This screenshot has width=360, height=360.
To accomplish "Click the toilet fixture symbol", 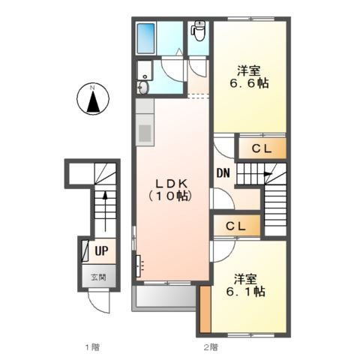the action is tap(198, 31).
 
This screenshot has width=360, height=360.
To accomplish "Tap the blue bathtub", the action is tap(145, 38).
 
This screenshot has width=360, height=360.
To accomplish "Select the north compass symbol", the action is tap(93, 99).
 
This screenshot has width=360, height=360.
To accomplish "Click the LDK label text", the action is tap(172, 184).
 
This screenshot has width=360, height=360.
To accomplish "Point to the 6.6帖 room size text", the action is tap(249, 83).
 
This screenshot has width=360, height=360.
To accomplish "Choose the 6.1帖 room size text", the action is tap(246, 291).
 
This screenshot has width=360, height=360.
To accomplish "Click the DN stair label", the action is tap(223, 173).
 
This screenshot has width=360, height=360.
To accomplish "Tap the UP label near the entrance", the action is tap(101, 250).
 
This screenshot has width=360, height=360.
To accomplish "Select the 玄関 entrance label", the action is tap(98, 277).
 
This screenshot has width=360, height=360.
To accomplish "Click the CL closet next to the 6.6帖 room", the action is tap(262, 148).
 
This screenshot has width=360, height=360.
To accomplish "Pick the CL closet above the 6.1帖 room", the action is tap(236, 226).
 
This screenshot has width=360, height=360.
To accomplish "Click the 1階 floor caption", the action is tap(92, 346).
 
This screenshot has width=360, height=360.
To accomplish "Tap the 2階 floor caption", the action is tap(211, 346).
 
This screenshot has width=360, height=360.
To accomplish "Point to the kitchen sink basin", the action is tap(145, 133).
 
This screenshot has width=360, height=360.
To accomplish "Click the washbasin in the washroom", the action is tap(142, 88).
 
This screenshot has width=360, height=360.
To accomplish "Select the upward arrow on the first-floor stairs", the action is tap(105, 211).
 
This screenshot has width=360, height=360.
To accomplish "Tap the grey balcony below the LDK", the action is tap(163, 298).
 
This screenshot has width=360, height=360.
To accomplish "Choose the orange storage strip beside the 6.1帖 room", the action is tap(205, 309).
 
